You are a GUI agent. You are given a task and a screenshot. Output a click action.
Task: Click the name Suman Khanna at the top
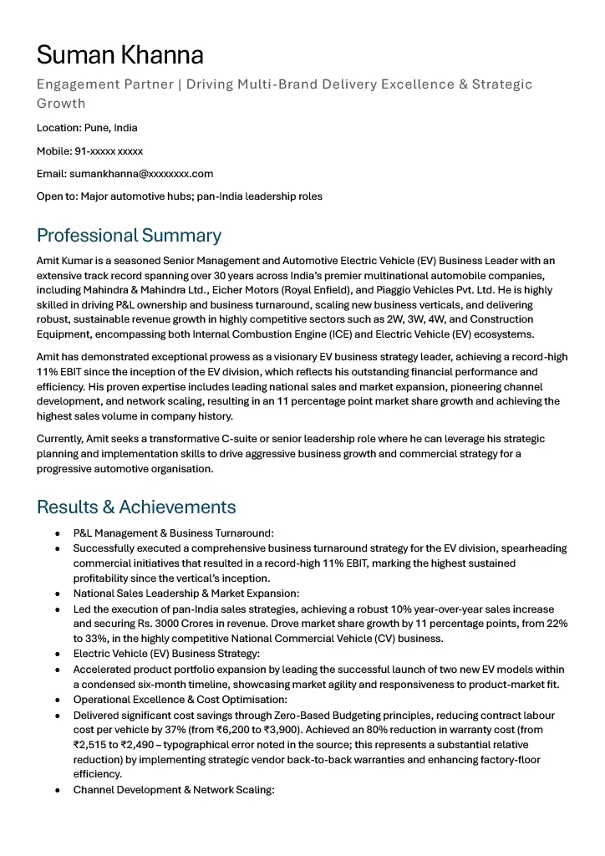pyautogui.click(x=119, y=55)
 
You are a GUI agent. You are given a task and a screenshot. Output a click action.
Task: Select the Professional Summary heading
pyautogui.click(x=129, y=235)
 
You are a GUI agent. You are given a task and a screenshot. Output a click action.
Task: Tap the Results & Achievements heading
pyautogui.click(x=136, y=507)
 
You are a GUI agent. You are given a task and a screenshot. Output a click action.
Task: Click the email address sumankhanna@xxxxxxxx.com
pyautogui.click(x=141, y=174)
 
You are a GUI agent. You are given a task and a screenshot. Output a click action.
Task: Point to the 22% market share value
pyautogui.click(x=557, y=624)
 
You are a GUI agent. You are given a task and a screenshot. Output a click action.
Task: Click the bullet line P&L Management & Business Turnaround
pyautogui.click(x=173, y=533)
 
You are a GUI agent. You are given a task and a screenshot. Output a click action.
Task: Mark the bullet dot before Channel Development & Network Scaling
pyautogui.click(x=57, y=790)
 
